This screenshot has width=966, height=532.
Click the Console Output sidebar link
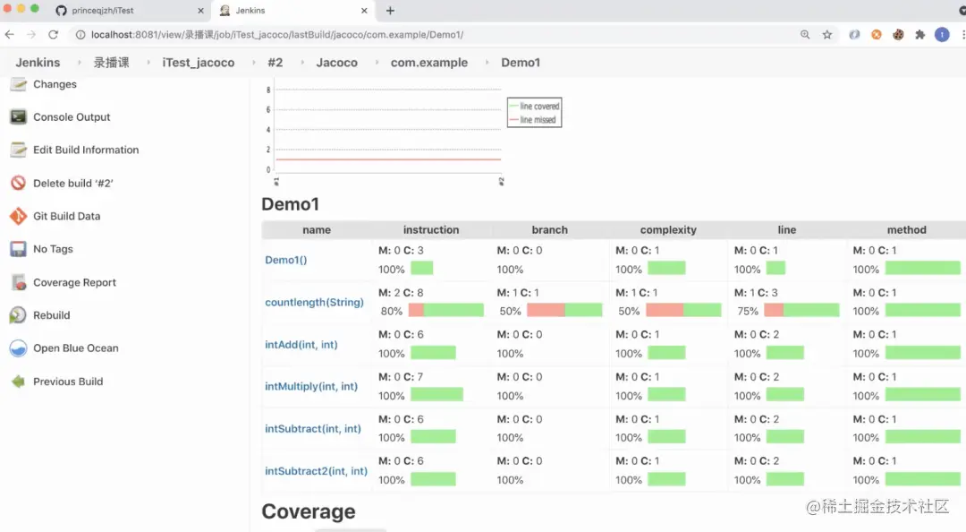(x=72, y=117)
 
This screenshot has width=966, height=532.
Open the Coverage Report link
(x=74, y=282)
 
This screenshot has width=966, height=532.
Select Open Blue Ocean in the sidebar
(x=75, y=348)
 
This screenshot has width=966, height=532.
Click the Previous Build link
(x=68, y=382)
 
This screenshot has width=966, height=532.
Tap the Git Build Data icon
(x=18, y=216)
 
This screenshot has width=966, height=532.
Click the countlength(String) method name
(x=314, y=303)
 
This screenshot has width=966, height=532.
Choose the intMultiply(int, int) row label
(x=311, y=387)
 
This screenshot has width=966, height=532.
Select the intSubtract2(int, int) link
(x=316, y=471)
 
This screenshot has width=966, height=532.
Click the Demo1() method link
(x=285, y=261)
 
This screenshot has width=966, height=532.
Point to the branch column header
(x=549, y=230)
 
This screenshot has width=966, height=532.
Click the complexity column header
(x=668, y=230)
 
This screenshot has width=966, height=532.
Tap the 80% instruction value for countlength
(x=392, y=312)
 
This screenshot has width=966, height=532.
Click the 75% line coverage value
(x=748, y=312)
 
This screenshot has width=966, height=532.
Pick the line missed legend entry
(x=538, y=120)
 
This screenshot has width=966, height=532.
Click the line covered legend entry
(x=539, y=107)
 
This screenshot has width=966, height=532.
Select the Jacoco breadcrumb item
(x=336, y=63)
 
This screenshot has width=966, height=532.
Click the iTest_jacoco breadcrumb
(x=199, y=63)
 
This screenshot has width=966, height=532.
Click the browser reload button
(x=53, y=35)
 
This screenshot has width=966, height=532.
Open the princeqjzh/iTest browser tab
(x=102, y=11)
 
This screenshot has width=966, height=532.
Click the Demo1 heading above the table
(x=290, y=204)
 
